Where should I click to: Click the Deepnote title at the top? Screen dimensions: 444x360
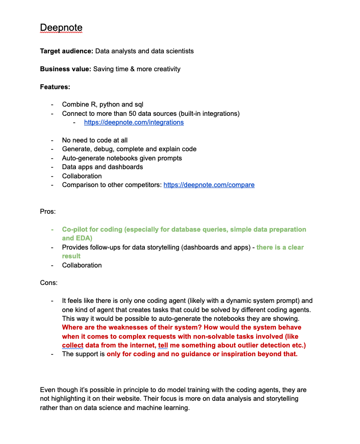[x=61, y=28]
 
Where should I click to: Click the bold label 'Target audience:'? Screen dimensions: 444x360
[x=67, y=51]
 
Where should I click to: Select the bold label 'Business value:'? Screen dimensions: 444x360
[x=65, y=69]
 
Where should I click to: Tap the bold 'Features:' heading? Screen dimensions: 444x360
[x=55, y=87]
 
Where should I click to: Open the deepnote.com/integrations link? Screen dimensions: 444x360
[x=134, y=122]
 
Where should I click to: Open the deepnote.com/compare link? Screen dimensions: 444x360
[x=209, y=185]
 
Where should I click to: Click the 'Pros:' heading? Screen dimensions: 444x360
[x=48, y=211]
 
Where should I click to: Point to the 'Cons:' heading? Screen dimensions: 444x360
[x=49, y=283]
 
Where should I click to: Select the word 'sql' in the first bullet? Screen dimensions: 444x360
[x=138, y=104]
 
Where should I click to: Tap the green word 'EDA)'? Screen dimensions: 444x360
[x=84, y=238]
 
